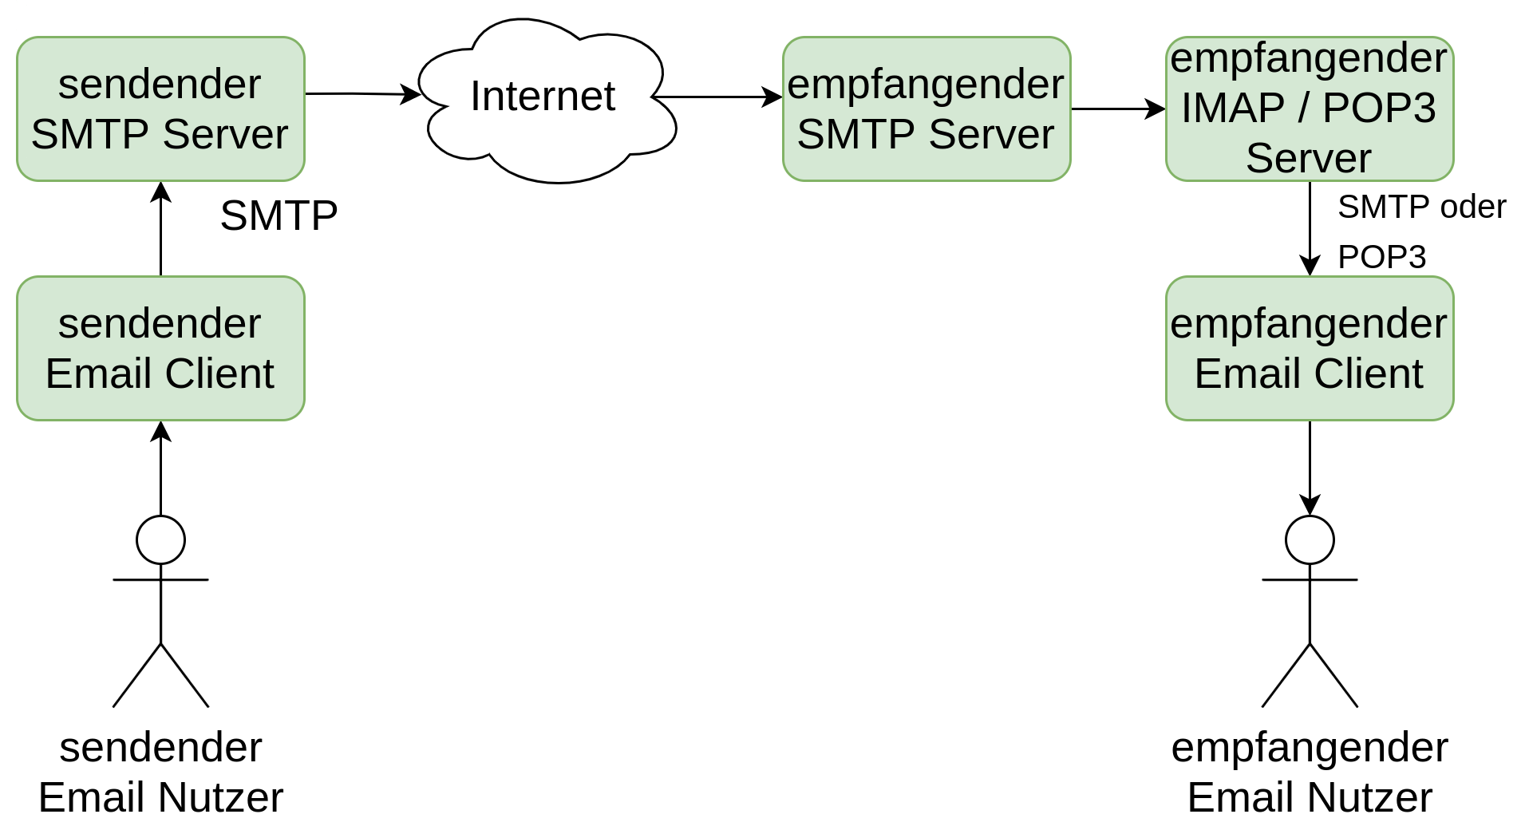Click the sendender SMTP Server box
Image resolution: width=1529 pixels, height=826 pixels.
pyautogui.click(x=160, y=109)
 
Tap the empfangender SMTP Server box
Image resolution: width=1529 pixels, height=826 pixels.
pyautogui.click(x=926, y=109)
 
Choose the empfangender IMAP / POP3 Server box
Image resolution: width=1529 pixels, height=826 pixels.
pyautogui.click(x=1310, y=109)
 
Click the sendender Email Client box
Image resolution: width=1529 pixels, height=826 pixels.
pyautogui.click(x=160, y=348)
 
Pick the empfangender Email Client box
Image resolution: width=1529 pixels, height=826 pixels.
pyautogui.click(x=1310, y=348)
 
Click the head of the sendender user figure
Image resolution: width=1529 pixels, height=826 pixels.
pyautogui.click(x=160, y=539)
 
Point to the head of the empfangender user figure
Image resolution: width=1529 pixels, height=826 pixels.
pyautogui.click(x=1310, y=539)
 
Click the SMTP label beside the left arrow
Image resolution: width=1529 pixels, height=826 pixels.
pyautogui.click(x=279, y=215)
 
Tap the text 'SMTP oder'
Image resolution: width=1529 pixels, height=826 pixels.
pyautogui.click(x=1422, y=207)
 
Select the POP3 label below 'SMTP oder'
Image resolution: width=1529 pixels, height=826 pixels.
pyautogui.click(x=1382, y=257)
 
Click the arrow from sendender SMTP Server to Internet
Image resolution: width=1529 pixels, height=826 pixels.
pyautogui.click(x=363, y=94)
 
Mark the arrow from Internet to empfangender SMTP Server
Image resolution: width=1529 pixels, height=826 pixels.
pyautogui.click(x=717, y=97)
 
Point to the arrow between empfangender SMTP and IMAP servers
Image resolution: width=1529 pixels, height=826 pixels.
pyautogui.click(x=1118, y=109)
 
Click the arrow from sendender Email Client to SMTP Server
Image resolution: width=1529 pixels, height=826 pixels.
pyautogui.click(x=160, y=229)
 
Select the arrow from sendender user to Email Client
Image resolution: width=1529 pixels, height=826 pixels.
pyautogui.click(x=160, y=468)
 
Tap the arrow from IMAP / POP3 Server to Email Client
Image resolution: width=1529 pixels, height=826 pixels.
pyautogui.click(x=1310, y=229)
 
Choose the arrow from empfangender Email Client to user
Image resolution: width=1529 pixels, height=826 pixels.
pyautogui.click(x=1310, y=468)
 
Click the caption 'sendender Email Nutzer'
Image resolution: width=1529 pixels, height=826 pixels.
pyautogui.click(x=160, y=772)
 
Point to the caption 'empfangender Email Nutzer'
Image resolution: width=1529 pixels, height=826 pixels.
pyautogui.click(x=1310, y=772)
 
